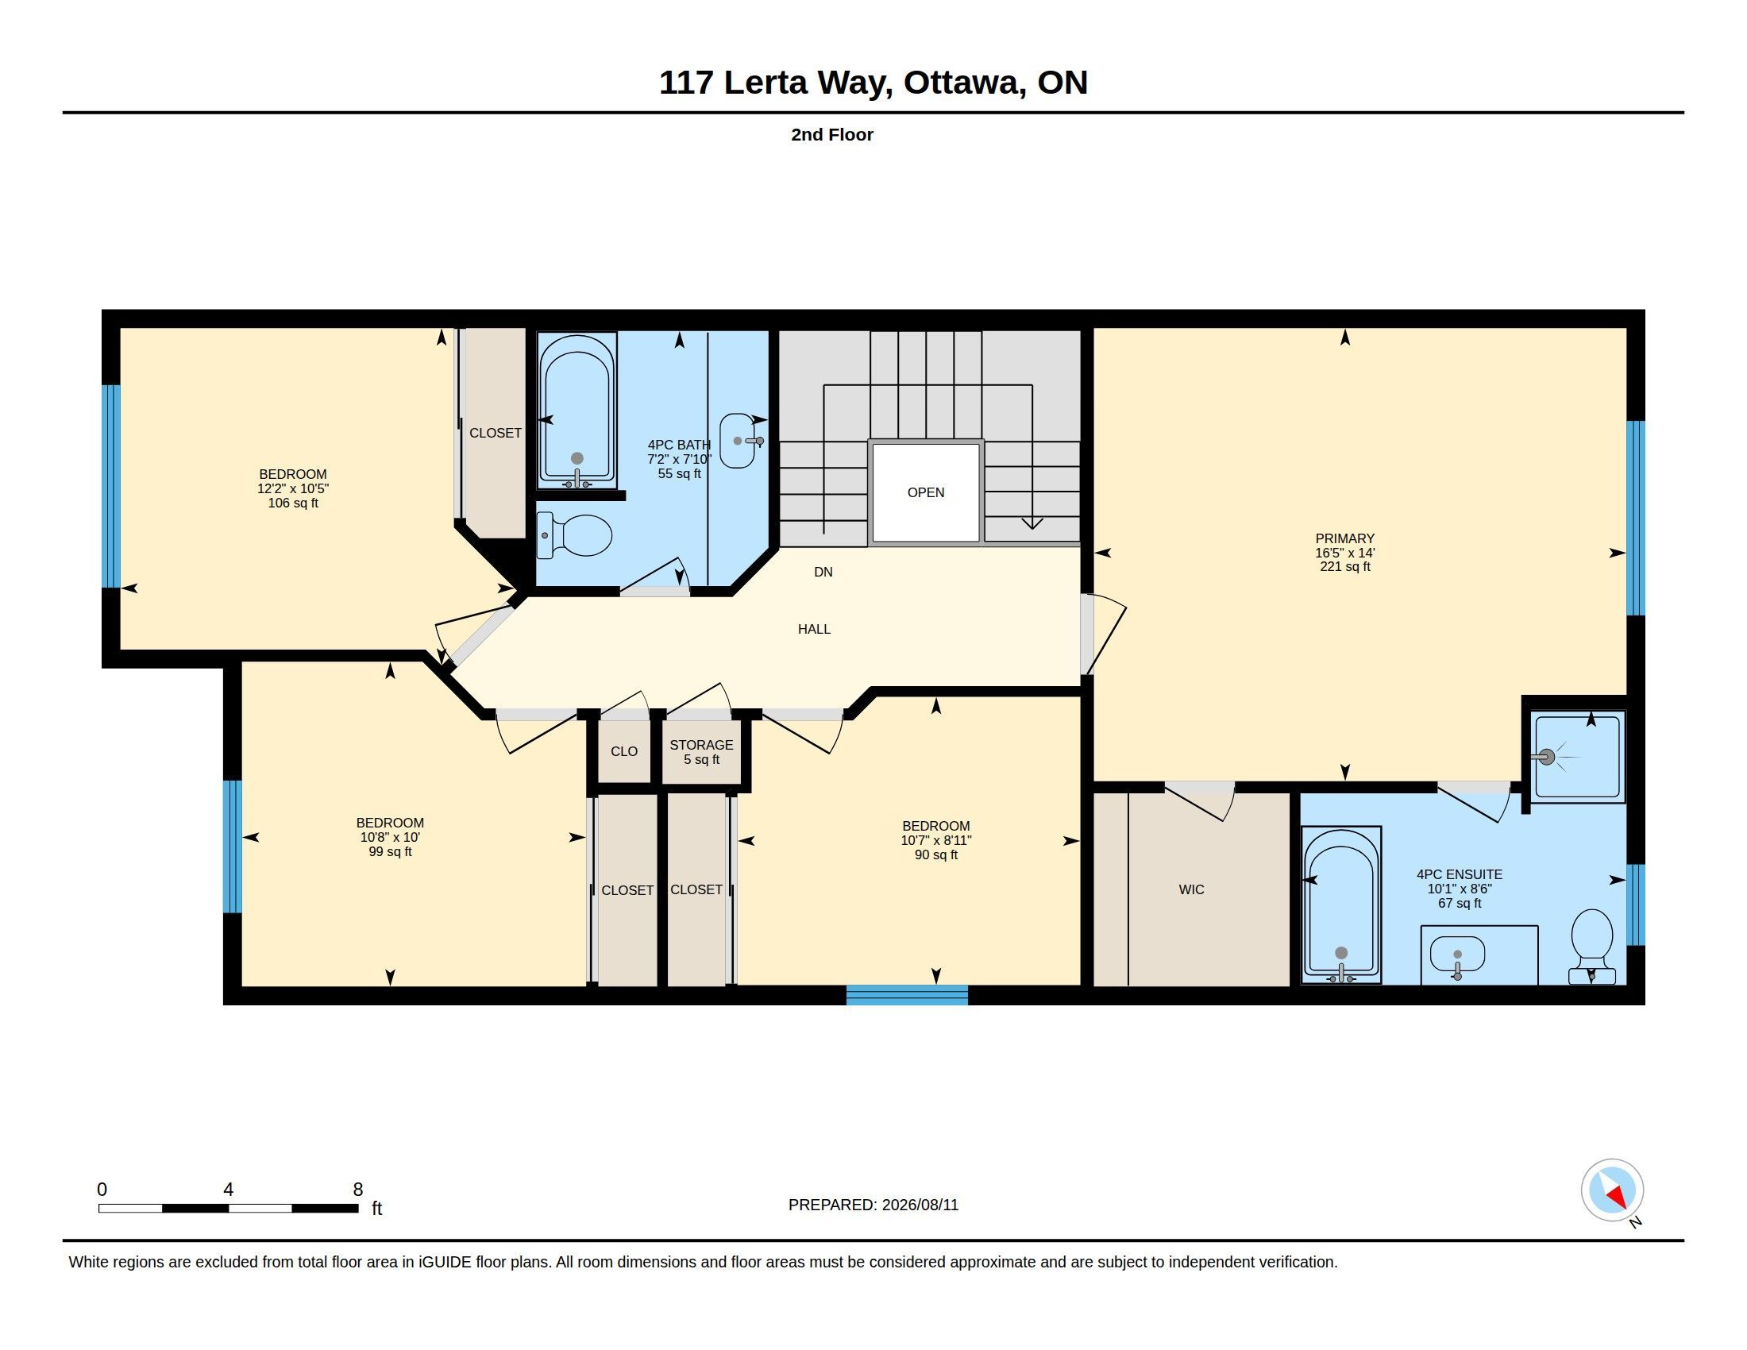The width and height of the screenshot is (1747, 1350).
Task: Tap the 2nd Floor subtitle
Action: pos(832,134)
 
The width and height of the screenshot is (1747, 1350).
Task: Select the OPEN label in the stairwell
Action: pos(925,492)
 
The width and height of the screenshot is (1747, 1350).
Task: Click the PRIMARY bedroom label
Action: pos(1344,538)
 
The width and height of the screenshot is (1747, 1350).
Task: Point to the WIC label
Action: pos(1191,889)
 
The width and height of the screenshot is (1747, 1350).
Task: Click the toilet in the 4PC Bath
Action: pos(574,535)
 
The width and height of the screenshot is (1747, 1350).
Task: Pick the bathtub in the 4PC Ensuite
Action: pos(1341,904)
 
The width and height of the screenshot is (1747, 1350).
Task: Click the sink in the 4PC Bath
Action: pos(740,440)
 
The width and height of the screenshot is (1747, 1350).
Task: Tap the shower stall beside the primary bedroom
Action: pos(1578,757)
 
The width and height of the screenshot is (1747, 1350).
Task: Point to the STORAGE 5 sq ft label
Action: pos(701,752)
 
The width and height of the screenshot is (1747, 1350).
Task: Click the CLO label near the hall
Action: pos(624,751)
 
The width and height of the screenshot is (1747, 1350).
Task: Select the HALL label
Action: pos(814,630)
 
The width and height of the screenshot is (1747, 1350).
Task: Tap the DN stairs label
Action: pos(823,572)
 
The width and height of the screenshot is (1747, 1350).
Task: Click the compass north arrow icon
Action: pos(1612,1190)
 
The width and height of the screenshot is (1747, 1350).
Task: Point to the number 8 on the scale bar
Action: pos(357,1190)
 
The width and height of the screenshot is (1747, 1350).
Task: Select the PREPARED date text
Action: pos(873,1205)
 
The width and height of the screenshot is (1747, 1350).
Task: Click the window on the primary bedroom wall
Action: pos(1636,518)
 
